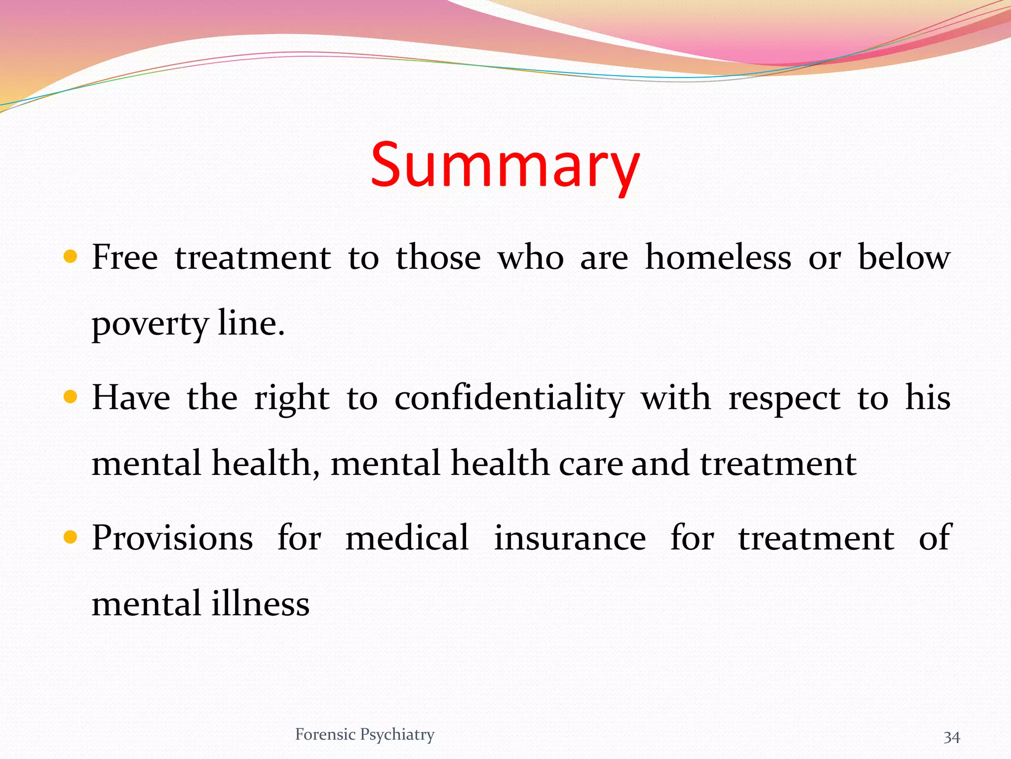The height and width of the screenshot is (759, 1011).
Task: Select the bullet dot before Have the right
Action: pos(71,397)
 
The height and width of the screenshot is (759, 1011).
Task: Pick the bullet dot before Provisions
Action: pos(71,537)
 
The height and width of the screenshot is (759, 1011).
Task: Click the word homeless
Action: pos(718,257)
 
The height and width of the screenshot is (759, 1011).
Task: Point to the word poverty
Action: pos(151,325)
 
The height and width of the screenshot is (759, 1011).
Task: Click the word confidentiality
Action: pos(509,398)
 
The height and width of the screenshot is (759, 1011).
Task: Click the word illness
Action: pos(260,604)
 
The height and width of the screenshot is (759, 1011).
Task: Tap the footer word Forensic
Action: pos(325,734)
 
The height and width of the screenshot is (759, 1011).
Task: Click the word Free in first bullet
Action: pos(125,257)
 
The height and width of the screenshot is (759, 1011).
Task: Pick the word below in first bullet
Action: pos(904,257)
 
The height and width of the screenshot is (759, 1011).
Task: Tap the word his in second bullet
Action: pos(928,398)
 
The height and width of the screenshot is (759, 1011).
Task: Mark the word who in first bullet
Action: pos(531,257)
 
